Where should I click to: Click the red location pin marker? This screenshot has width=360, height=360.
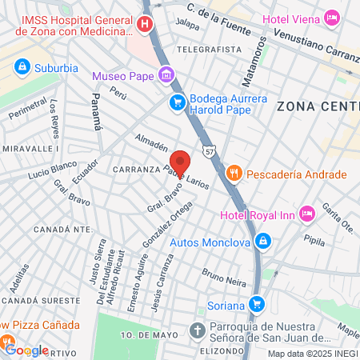(180, 162)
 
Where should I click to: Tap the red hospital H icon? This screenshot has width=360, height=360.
(144, 24)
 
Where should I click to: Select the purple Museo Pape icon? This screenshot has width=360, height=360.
(166, 76)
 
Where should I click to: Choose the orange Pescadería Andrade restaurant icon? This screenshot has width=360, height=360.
(234, 174)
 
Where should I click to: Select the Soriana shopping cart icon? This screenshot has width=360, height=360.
(256, 304)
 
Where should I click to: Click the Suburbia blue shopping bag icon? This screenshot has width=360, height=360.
(22, 66)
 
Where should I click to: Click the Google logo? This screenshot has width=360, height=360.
(26, 350)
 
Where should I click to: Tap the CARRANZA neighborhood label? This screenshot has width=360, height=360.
(138, 170)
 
